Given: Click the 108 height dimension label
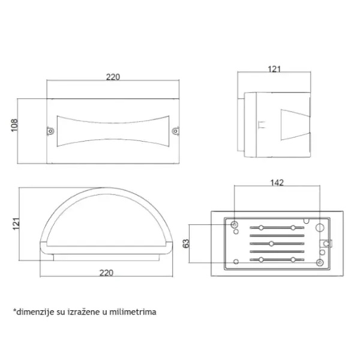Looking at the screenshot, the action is tap(14, 125).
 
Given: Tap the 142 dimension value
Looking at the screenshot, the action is tap(277, 183).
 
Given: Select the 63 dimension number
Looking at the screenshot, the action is tap(186, 244).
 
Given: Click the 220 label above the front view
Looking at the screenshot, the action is tap(113, 77).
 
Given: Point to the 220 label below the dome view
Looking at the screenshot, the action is tap(106, 273).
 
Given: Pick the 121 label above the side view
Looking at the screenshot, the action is tap(274, 69).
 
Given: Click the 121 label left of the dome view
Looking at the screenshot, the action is tap(16, 223).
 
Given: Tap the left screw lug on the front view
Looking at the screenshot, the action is tap(50, 131).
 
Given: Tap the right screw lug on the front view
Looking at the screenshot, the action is tap(176, 131).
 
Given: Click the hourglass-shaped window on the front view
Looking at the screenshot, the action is tap(113, 131).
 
